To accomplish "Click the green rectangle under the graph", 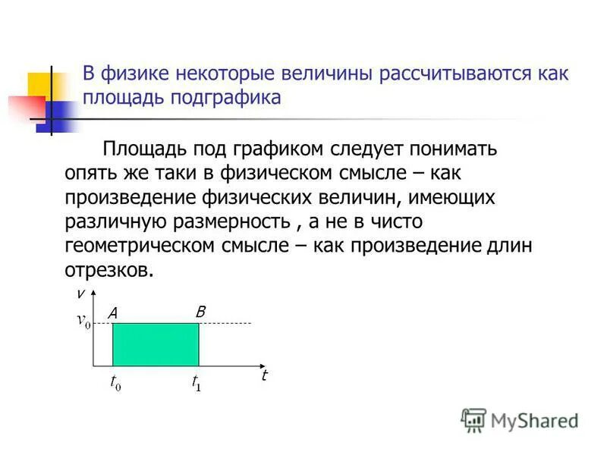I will point(156,345).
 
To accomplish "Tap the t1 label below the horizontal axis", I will point(196,383).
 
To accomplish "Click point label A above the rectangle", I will point(112,312).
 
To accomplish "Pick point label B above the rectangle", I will point(200,311).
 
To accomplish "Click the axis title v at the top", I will point(79,293).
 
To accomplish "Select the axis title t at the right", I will point(264,375).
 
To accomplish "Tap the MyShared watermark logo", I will point(519,419).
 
